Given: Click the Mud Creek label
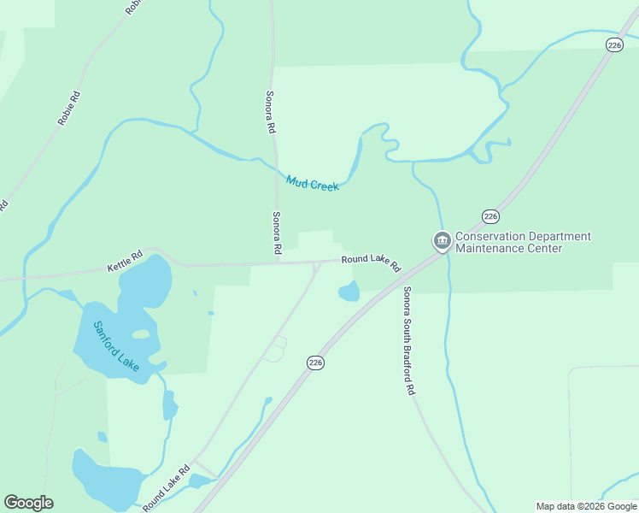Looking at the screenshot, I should (313, 183).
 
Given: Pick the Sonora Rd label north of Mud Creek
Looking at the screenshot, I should (271, 111).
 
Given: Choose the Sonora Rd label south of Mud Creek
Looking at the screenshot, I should (277, 233).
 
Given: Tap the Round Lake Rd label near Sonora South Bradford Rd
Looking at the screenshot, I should (371, 262).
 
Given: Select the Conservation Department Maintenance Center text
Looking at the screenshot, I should (523, 242).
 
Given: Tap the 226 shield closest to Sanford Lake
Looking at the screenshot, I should (316, 363).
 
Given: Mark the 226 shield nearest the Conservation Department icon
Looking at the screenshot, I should (490, 215).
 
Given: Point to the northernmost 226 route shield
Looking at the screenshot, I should (613, 45).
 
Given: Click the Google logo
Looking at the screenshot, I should (28, 503).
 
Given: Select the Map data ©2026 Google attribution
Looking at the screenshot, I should (586, 506).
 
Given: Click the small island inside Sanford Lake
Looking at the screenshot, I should (140, 334).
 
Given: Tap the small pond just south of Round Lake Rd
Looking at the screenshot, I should (349, 292).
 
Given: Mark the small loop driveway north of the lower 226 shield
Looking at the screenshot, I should (275, 348).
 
